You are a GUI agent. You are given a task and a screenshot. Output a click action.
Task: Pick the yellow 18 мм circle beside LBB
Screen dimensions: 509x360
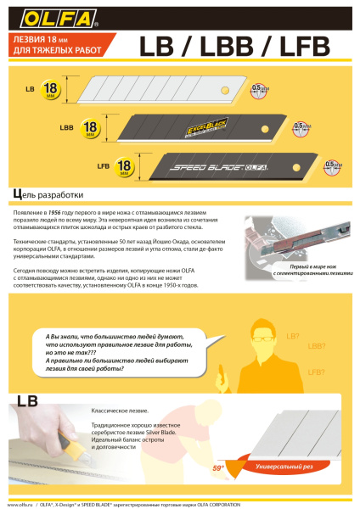pos(87,128)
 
